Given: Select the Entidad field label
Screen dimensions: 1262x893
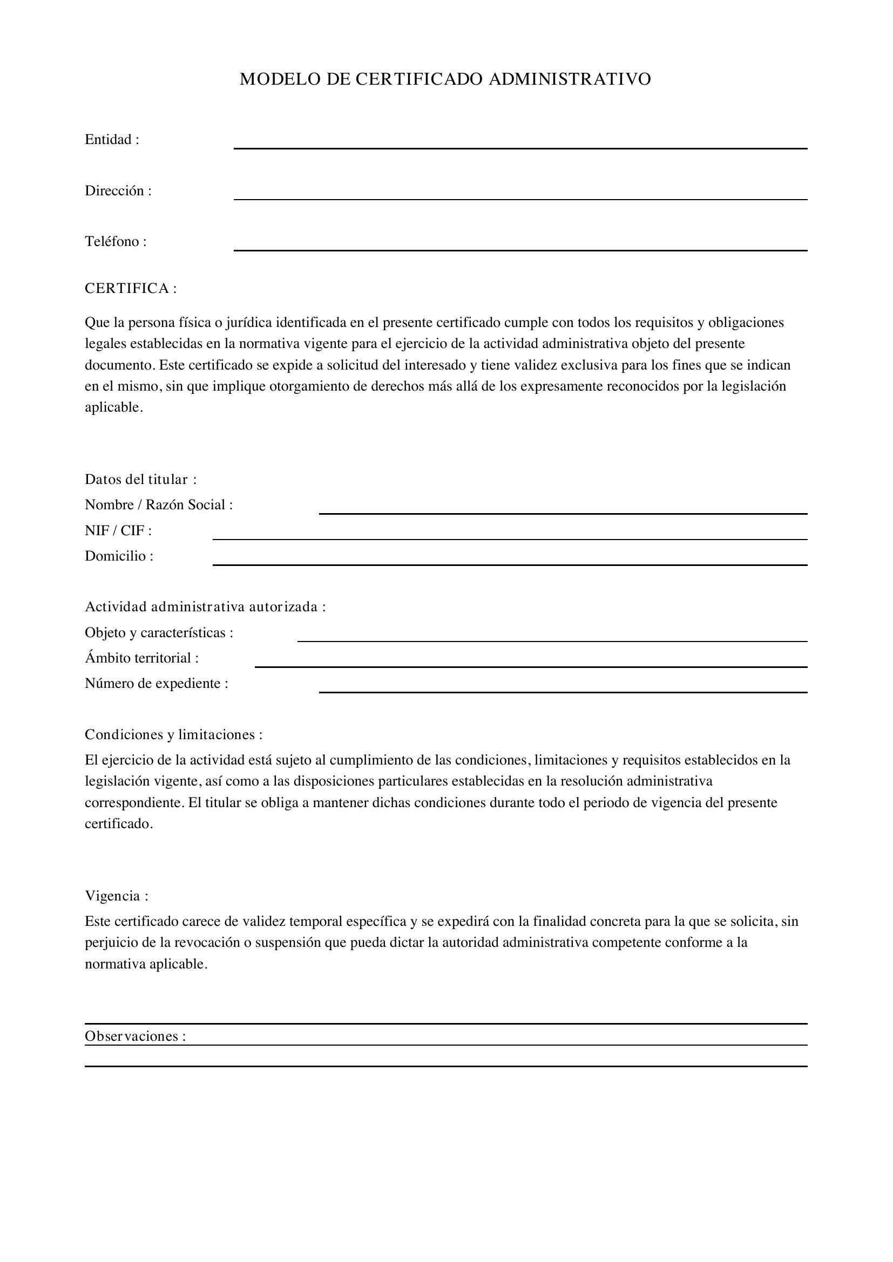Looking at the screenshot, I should click(x=112, y=140).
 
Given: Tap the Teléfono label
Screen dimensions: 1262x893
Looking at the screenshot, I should click(x=116, y=241).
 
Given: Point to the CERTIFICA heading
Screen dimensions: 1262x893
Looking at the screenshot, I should click(x=130, y=289).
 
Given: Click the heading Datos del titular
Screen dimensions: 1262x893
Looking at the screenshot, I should click(x=140, y=479).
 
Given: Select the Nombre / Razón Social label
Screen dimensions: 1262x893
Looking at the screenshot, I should click(x=158, y=504).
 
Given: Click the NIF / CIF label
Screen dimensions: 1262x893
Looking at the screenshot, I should click(x=118, y=530).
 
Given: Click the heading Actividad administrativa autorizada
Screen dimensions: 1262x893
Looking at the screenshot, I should click(x=205, y=607).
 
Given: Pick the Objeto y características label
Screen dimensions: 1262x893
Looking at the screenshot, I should click(x=158, y=633).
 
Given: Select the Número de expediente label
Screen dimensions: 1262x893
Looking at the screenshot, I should click(x=156, y=683).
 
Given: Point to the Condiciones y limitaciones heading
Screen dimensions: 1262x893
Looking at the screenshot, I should click(x=173, y=734).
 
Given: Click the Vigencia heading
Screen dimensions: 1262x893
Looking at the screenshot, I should click(x=116, y=896).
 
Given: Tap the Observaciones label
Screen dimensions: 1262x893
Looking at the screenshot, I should click(x=135, y=1036).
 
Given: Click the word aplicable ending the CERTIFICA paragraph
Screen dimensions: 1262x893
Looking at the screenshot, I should click(x=113, y=407).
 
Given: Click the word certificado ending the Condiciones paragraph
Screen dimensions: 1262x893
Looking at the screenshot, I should click(x=118, y=824).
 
